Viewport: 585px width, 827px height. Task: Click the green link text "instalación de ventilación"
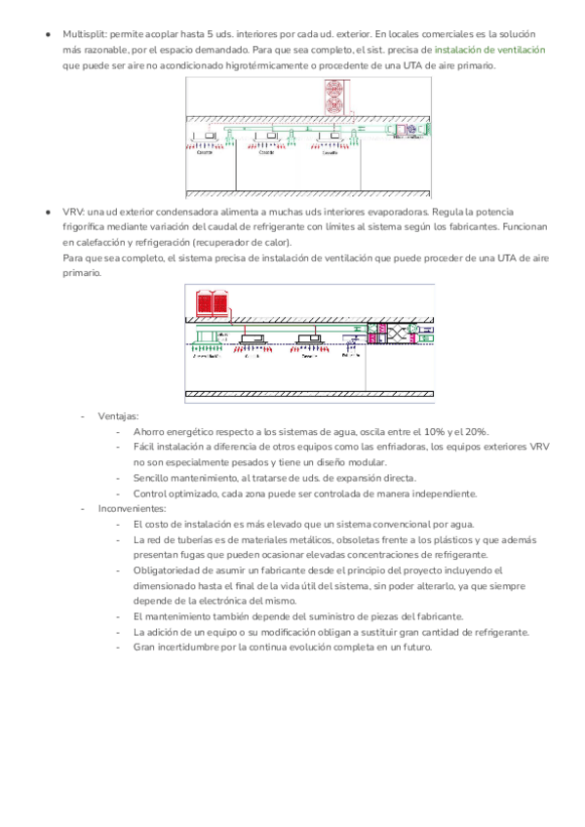pyautogui.click(x=489, y=49)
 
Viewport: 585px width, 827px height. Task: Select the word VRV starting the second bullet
pyautogui.click(x=72, y=212)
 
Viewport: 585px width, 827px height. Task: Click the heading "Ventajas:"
pyautogui.click(x=118, y=415)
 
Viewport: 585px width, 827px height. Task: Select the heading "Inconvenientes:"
pyautogui.click(x=132, y=508)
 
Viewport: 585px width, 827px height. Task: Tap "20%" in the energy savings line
pyautogui.click(x=476, y=431)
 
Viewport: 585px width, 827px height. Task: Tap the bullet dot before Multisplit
pyautogui.click(x=47, y=33)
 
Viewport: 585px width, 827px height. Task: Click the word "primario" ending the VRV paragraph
pyautogui.click(x=81, y=274)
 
